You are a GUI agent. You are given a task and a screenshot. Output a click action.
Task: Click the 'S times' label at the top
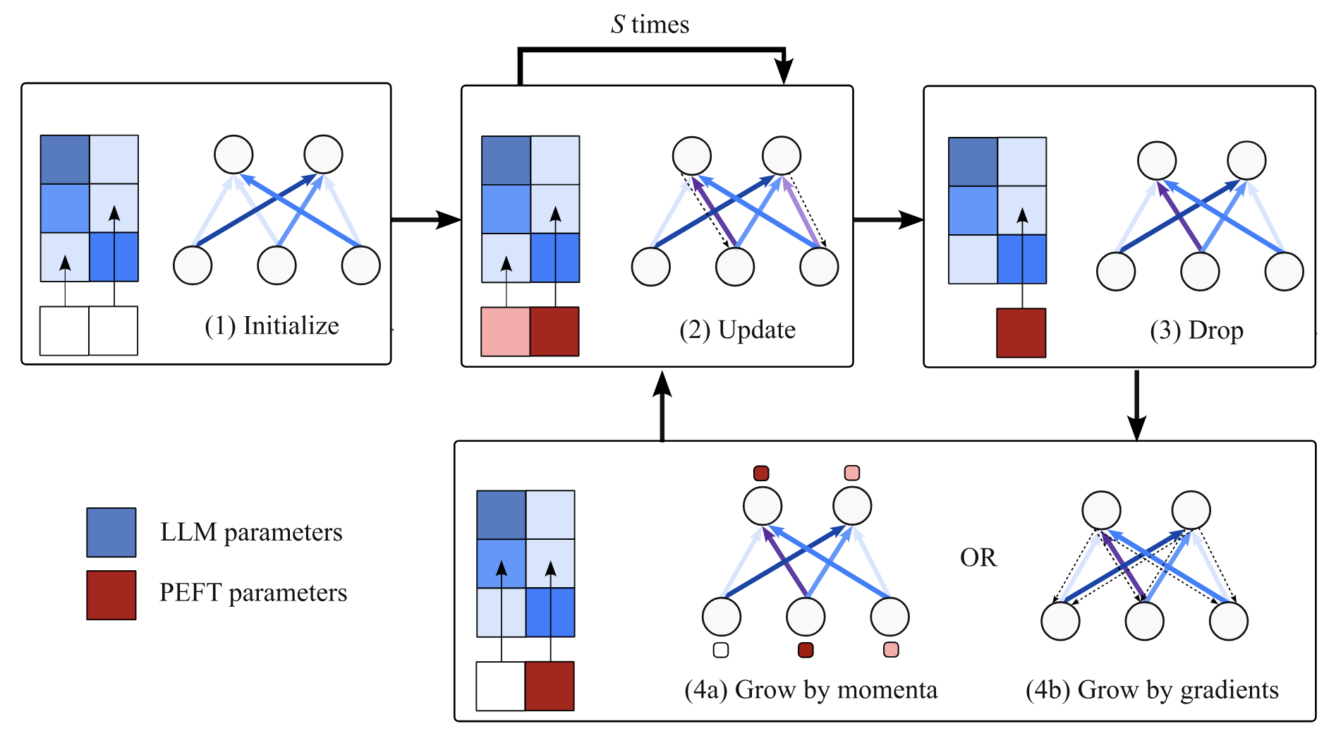click(x=650, y=25)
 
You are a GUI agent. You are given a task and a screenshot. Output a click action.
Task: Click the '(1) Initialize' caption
click(x=272, y=326)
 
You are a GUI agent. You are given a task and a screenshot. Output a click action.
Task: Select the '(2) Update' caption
click(x=737, y=330)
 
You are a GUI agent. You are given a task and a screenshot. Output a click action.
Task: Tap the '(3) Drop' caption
click(x=1196, y=330)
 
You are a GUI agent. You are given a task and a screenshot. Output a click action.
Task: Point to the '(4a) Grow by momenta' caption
click(x=810, y=690)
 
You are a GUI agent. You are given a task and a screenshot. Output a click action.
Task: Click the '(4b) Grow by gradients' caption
click(x=1151, y=690)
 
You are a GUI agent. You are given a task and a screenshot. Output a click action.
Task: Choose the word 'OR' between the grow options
click(x=978, y=558)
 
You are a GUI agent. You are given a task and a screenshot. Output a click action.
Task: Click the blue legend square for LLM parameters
click(x=111, y=532)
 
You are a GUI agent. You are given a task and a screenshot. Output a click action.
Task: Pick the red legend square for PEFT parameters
click(x=111, y=595)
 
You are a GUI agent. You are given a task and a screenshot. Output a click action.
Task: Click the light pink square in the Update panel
click(x=505, y=331)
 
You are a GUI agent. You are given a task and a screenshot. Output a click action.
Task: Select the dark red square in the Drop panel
click(x=1021, y=332)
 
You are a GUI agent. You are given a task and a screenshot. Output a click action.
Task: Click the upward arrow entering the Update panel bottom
click(x=662, y=406)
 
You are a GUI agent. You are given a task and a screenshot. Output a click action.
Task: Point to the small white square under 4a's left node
click(x=720, y=650)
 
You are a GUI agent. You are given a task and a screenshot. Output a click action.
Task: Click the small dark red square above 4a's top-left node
click(x=761, y=473)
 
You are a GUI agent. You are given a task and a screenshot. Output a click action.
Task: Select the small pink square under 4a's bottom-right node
click(x=891, y=650)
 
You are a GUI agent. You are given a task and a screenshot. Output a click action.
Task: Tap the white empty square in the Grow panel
click(x=500, y=686)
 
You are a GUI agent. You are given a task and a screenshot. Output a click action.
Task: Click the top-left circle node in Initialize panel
click(x=233, y=155)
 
